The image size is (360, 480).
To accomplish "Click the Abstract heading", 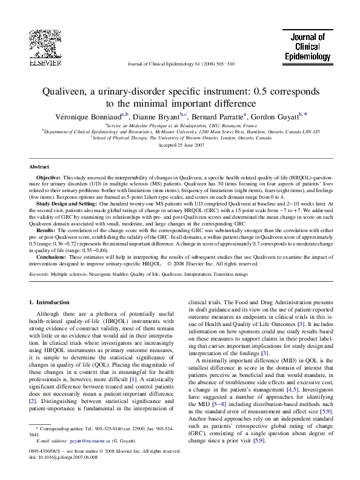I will (40, 166).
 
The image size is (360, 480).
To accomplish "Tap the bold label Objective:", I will (50, 181).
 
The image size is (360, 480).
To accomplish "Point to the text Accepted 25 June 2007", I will (180, 146).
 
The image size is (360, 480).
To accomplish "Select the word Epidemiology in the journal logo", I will (308, 56).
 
